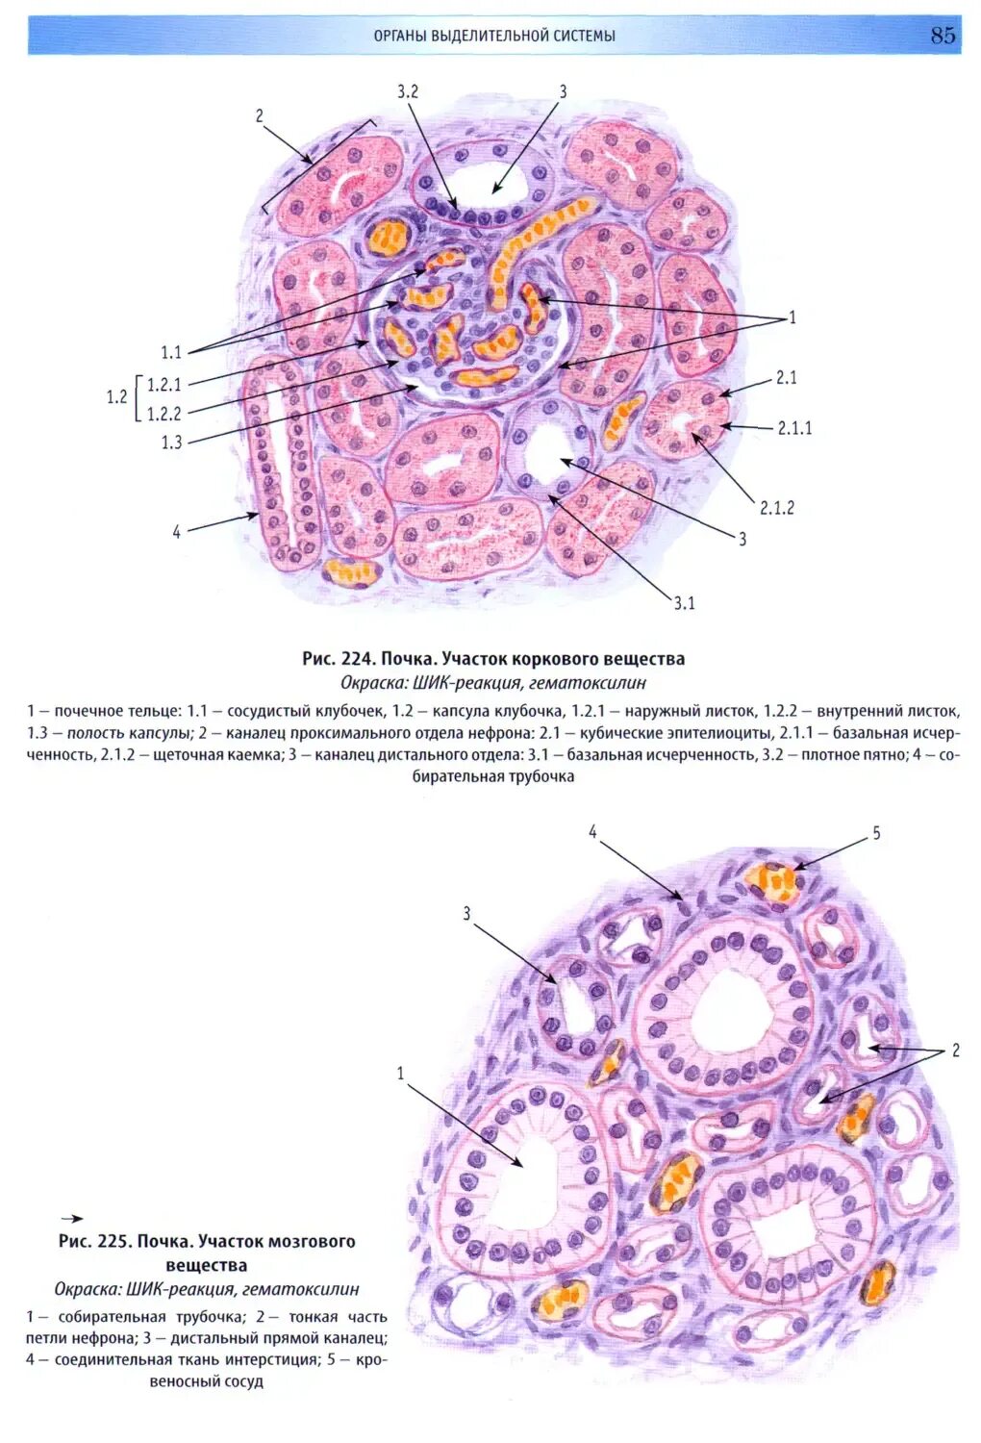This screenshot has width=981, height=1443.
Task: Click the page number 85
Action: pyautogui.click(x=943, y=36)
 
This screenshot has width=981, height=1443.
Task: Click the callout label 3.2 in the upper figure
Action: pyautogui.click(x=407, y=91)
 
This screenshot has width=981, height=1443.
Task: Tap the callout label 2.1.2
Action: pyautogui.click(x=777, y=507)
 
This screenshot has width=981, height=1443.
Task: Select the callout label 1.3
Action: pyautogui.click(x=171, y=443)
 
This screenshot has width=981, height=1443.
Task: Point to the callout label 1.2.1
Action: pyautogui.click(x=163, y=385)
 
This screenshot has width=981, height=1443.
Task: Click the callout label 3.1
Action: pyautogui.click(x=684, y=603)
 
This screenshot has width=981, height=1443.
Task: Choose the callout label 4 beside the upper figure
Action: pyautogui.click(x=176, y=531)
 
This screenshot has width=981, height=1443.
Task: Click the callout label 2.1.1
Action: pyautogui.click(x=794, y=428)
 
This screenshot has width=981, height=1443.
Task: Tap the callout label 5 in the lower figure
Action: pyautogui.click(x=876, y=833)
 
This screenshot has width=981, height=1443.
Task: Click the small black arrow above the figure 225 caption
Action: pyautogui.click(x=71, y=1218)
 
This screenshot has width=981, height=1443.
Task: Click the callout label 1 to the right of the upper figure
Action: pyautogui.click(x=792, y=317)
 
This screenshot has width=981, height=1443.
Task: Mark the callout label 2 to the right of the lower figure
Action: pyautogui.click(x=955, y=1051)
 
